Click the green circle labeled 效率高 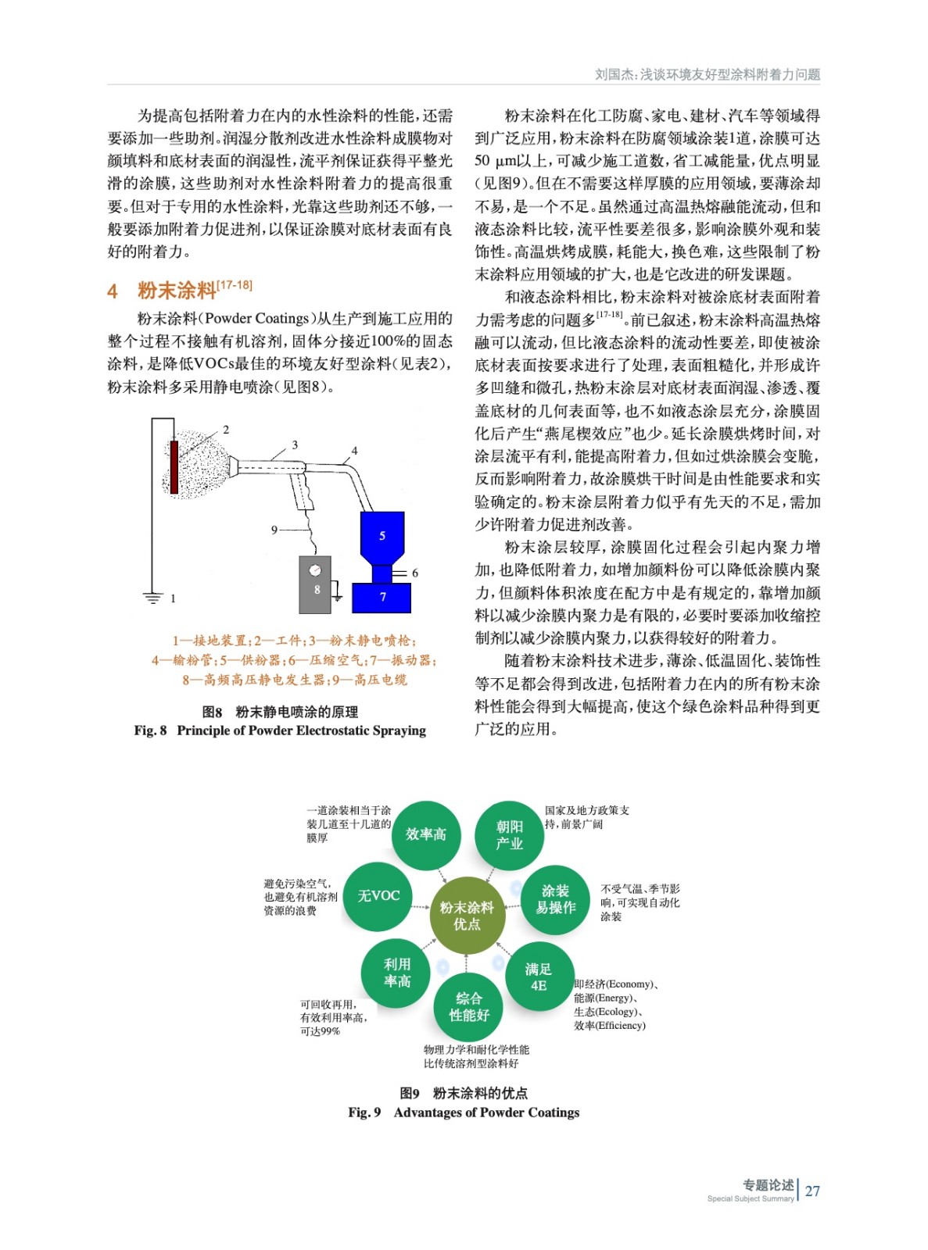pyautogui.click(x=425, y=834)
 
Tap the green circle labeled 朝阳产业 pyautogui.click(x=509, y=835)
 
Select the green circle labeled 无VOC pyautogui.click(x=378, y=896)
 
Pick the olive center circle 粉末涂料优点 pyautogui.click(x=467, y=916)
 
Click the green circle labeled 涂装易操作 pyautogui.click(x=555, y=899)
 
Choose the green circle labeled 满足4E pyautogui.click(x=539, y=977)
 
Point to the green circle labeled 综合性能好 pyautogui.click(x=468, y=1006)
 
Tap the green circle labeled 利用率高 pyautogui.click(x=396, y=973)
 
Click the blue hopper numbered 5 pyautogui.click(x=382, y=537)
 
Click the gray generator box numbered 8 pyautogui.click(x=315, y=584)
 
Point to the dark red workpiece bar pyautogui.click(x=174, y=467)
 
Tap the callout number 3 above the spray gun pyautogui.click(x=295, y=445)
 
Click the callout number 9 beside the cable pyautogui.click(x=274, y=530)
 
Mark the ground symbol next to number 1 pyautogui.click(x=152, y=598)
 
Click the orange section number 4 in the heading pyautogui.click(x=113, y=291)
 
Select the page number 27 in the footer pyautogui.click(x=812, y=1191)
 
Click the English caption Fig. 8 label pyautogui.click(x=150, y=730)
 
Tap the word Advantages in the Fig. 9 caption pyautogui.click(x=428, y=1112)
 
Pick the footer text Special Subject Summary pyautogui.click(x=750, y=1198)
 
